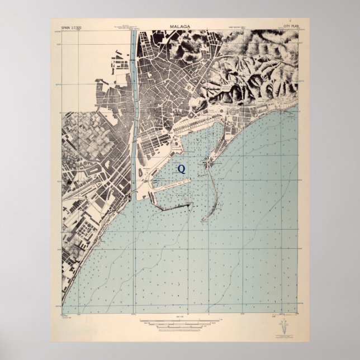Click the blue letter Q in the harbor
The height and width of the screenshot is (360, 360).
coord(181,167)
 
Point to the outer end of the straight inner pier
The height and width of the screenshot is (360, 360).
coord(191,181)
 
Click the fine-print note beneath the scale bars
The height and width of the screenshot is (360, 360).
coord(179,329)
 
